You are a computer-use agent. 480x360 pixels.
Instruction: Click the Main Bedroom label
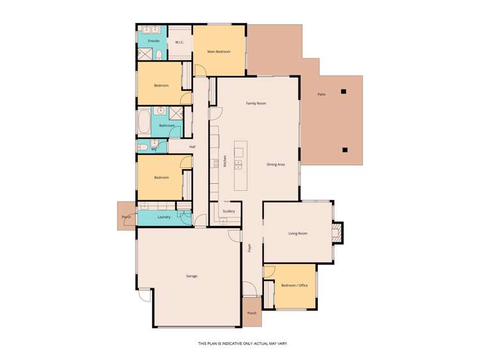click(x=219, y=51)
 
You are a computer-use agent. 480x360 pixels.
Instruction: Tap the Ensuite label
click(x=154, y=41)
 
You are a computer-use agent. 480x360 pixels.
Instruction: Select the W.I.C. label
click(x=179, y=42)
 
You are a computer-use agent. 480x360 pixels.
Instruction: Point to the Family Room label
click(x=256, y=103)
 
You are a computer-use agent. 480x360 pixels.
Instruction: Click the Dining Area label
click(x=276, y=165)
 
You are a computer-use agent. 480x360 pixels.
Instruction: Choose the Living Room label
click(x=298, y=233)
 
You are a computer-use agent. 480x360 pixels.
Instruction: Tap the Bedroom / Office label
click(x=295, y=286)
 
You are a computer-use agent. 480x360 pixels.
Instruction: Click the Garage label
click(x=192, y=276)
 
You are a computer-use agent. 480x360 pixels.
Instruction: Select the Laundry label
click(x=163, y=218)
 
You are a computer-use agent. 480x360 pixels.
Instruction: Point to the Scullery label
click(x=229, y=211)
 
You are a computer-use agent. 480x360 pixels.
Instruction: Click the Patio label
click(x=322, y=95)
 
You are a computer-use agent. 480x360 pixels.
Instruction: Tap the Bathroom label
click(x=167, y=126)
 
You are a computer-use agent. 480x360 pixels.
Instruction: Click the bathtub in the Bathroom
click(x=144, y=122)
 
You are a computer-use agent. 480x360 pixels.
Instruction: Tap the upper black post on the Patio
click(x=343, y=91)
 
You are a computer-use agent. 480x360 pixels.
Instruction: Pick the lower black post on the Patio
click(x=345, y=150)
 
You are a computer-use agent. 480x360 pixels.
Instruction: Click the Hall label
click(x=192, y=147)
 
